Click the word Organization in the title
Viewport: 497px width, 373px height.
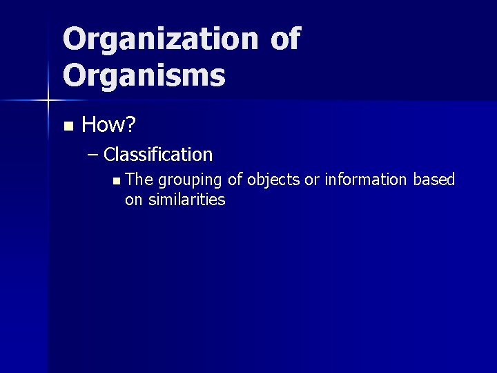[160, 39]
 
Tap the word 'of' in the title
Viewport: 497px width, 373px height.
[285, 39]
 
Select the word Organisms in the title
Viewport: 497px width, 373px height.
[144, 75]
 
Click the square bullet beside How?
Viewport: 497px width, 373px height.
[67, 126]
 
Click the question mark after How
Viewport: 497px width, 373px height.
[130, 125]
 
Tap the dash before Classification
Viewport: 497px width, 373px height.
[94, 155]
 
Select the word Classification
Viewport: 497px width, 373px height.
[158, 154]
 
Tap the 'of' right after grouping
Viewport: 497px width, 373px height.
[235, 180]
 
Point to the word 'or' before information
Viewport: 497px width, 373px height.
[312, 180]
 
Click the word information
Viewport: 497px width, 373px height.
[366, 180]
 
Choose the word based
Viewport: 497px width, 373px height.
[434, 180]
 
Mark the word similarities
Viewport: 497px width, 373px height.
[187, 200]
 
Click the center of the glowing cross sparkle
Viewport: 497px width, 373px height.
[48, 101]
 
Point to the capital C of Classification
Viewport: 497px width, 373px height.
[110, 154]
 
